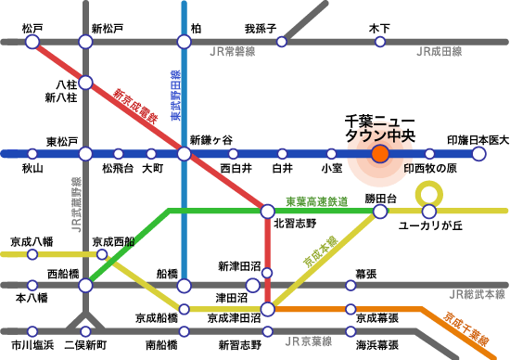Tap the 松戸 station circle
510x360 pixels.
click(32, 42)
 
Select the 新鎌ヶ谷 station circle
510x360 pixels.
click(184, 154)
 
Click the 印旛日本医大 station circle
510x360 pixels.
click(478, 154)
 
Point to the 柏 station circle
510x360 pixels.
click(184, 42)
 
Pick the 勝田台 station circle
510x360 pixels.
click(380, 212)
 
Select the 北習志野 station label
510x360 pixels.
click(295, 224)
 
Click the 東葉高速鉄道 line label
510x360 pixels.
click(316, 201)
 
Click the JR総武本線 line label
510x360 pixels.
click(475, 295)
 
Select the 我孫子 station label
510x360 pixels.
click(261, 29)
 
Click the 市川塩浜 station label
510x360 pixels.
click(32, 345)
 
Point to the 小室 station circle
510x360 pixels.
click(331, 154)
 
